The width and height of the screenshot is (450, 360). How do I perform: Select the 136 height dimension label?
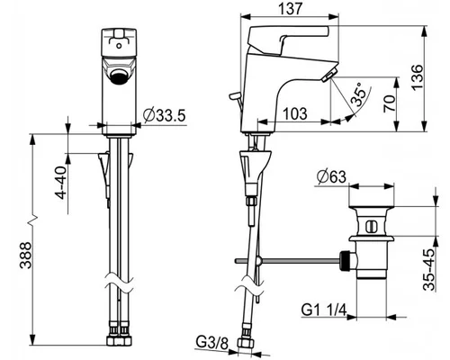(x=418, y=77)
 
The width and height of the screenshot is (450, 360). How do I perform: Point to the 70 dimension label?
(x=389, y=103)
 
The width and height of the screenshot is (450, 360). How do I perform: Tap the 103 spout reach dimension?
(x=295, y=113)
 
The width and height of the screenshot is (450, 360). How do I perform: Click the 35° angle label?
(x=359, y=94)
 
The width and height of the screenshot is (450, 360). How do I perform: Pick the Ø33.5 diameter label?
(x=165, y=115)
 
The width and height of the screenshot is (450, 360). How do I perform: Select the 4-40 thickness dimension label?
(x=61, y=183)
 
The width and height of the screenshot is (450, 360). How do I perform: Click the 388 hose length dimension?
(x=25, y=256)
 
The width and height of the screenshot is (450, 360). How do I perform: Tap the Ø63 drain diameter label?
(x=331, y=177)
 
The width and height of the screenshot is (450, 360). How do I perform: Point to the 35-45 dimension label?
(x=429, y=269)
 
